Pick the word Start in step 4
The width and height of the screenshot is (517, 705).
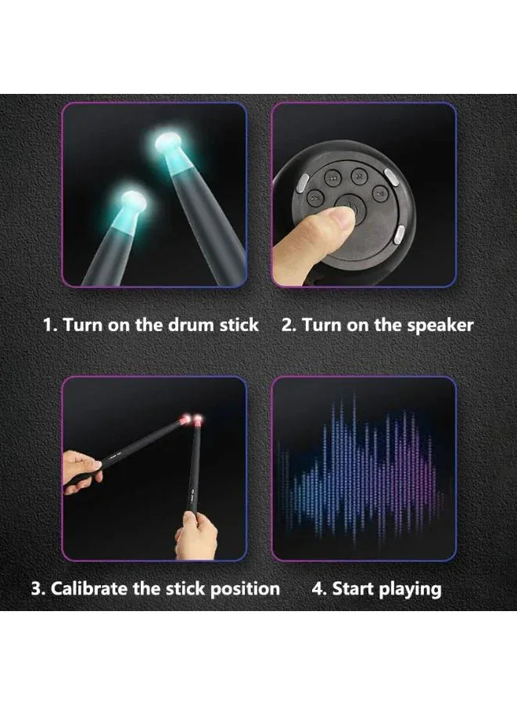tap(354, 588)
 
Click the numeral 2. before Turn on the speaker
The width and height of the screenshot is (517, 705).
tap(289, 325)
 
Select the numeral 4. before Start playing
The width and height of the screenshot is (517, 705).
tap(319, 588)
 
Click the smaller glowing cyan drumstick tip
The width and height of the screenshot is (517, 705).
tap(131, 200)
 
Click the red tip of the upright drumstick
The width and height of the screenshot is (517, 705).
tap(197, 420)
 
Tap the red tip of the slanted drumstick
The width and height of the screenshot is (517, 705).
tap(185, 420)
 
